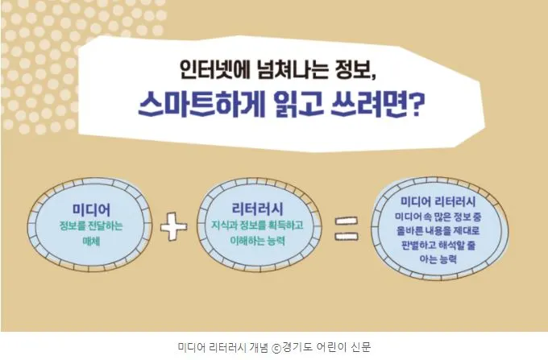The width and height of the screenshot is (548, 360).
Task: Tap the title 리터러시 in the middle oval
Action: (x=254, y=209)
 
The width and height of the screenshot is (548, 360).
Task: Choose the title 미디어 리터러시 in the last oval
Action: (x=440, y=201)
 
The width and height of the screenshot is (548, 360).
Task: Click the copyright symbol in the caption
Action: (x=277, y=346)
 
